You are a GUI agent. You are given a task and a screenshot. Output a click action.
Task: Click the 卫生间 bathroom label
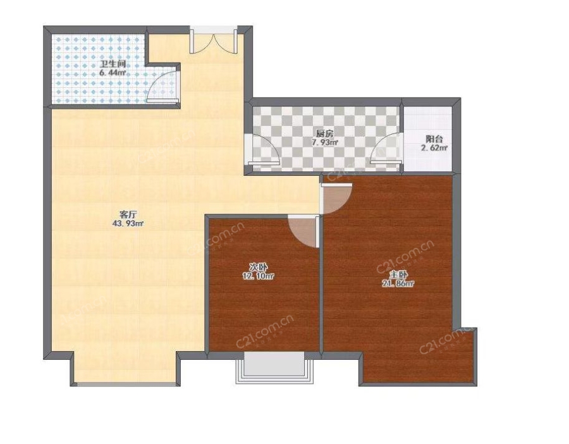[x=113, y=65]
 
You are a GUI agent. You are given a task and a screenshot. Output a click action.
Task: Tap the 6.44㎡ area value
[x=113, y=73]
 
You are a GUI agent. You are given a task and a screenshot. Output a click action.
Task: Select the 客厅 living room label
[x=127, y=214]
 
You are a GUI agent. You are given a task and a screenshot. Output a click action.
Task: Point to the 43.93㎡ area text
[x=128, y=224]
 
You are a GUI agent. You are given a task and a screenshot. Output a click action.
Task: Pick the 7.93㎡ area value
[x=325, y=142]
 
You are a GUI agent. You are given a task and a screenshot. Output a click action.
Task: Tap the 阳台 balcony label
[x=434, y=139]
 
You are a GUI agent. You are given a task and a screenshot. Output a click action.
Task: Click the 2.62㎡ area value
[x=434, y=148]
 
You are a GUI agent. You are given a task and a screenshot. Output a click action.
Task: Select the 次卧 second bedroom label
[x=258, y=268]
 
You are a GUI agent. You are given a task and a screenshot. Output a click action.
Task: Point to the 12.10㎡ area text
[x=258, y=276]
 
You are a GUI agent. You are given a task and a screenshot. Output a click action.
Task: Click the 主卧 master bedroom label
[x=398, y=275]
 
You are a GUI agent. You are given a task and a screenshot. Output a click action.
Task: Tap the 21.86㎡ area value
[x=398, y=283]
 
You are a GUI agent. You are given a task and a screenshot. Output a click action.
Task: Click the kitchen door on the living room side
[x=264, y=149]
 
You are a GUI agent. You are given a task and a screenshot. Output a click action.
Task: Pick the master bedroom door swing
[x=337, y=199]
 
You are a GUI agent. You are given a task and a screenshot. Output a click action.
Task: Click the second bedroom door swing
[x=303, y=231]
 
